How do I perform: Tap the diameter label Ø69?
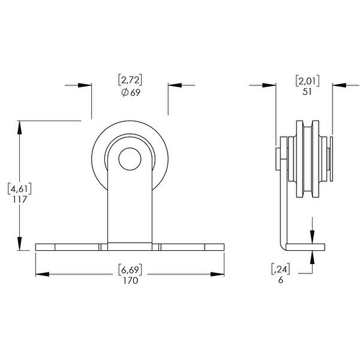pyautogui.click(x=130, y=92)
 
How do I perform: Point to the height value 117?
pyautogui.click(x=20, y=200)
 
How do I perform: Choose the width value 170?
pyautogui.click(x=130, y=281)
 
